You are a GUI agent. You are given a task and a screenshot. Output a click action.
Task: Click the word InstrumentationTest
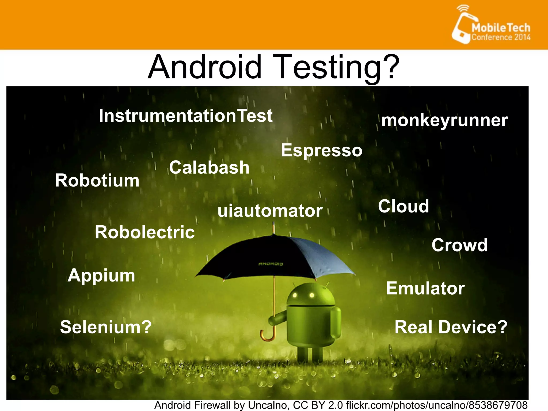pos(186,116)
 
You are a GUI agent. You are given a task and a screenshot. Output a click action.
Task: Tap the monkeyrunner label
pos(444,120)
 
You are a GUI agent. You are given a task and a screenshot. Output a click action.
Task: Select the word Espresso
pos(322,150)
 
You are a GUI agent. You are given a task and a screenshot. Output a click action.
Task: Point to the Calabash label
pos(209,168)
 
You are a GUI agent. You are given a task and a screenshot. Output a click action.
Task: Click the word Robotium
pos(97,180)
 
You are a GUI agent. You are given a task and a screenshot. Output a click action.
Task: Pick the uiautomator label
pos(270,211)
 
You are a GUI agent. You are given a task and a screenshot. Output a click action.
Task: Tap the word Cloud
pos(404,206)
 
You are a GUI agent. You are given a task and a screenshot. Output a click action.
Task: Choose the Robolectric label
pos(145,232)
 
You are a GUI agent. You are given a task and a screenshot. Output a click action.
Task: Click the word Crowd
pos(459,245)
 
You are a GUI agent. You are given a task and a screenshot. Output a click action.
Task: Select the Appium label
pos(101,275)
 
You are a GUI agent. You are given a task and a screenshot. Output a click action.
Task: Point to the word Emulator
pos(425,288)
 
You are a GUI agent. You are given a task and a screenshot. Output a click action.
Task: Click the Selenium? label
pos(106,327)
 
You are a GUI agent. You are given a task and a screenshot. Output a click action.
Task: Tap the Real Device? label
pos(451,327)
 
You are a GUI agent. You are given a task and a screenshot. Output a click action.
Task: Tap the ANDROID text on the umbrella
pos(271,264)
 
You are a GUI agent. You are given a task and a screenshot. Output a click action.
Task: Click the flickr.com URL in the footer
pos(436,405)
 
